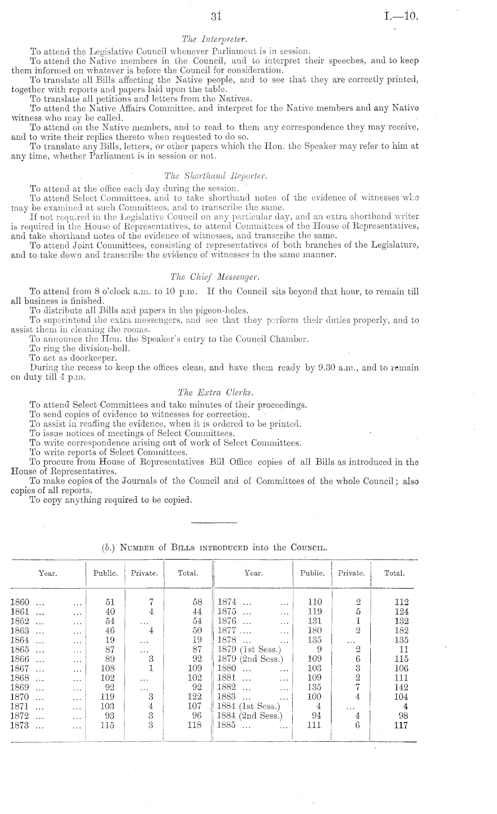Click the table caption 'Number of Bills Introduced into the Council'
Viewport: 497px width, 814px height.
[x=215, y=548]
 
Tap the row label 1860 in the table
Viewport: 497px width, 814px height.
[x=20, y=602]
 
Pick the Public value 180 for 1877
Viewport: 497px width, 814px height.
[x=315, y=631]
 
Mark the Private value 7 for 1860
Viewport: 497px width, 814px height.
[x=152, y=602]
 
